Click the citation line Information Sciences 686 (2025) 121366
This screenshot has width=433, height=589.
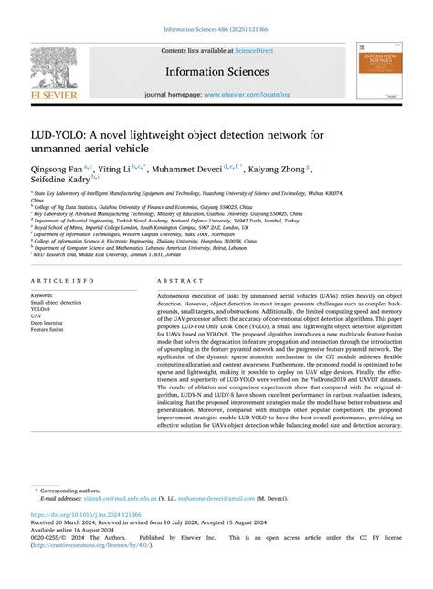[x=216, y=27]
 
